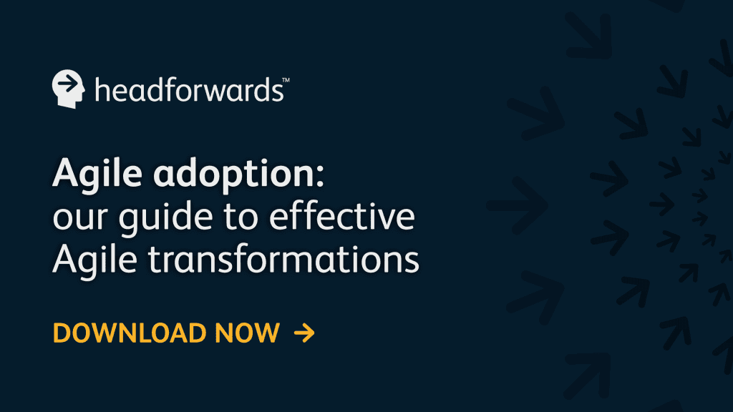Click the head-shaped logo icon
68,89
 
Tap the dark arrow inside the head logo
68,84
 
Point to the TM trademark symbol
286,80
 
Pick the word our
80,218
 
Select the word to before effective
241,217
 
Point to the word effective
342,215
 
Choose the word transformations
283,259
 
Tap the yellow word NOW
247,333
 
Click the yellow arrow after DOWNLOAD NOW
304,333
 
